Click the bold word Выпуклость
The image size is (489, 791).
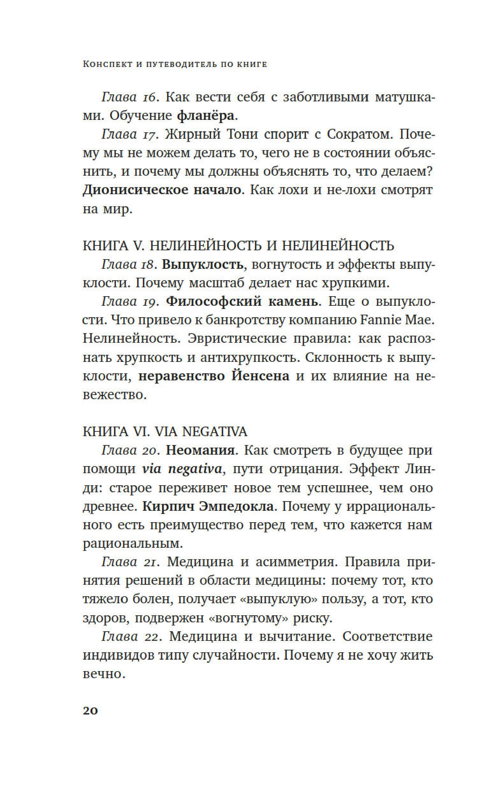[x=202, y=265]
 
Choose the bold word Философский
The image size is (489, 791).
[x=213, y=302]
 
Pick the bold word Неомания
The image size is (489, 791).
[x=201, y=451]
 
